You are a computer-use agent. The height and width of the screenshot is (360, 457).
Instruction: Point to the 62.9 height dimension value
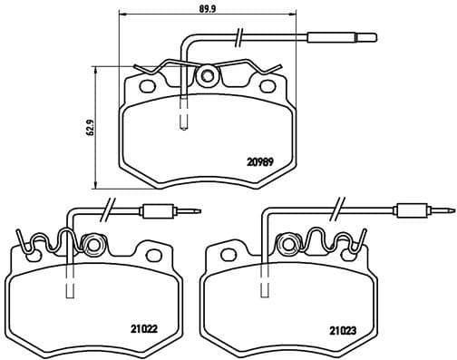(89, 127)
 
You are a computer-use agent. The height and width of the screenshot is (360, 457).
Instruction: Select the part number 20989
(259, 163)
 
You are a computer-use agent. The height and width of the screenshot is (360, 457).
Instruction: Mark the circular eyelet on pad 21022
(92, 244)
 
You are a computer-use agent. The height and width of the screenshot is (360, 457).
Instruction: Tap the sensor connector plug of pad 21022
(161, 211)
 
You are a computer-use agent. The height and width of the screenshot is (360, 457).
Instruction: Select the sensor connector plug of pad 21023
(413, 211)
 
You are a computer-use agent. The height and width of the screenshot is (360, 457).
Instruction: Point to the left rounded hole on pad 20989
(143, 87)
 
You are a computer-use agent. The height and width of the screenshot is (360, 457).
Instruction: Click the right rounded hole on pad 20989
(268, 87)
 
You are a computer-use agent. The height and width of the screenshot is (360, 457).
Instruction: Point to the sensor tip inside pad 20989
(185, 118)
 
